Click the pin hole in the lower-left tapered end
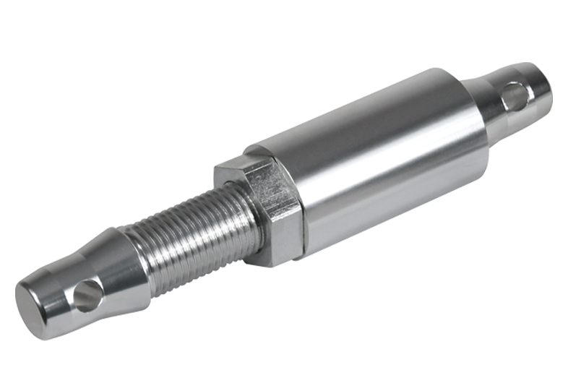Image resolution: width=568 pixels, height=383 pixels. tap(88, 296)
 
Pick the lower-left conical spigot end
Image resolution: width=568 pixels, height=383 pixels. tap(79, 285)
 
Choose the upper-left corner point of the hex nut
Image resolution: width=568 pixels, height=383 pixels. tap(215, 168)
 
